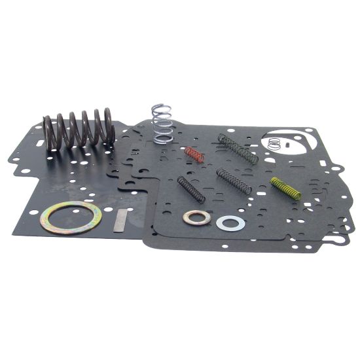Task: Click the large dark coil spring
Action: pos(79,130)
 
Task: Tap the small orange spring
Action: pos(194,155)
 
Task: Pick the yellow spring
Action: pos(285,188)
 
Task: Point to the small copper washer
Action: pos(196,218)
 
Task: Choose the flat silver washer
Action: pos(230,223)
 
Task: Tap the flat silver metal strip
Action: pos(120,222)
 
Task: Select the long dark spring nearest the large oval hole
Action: pos(238,149)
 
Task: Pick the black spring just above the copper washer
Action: pos(191,189)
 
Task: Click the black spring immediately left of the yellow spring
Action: pos(234,181)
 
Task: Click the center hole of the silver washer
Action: pos(230,223)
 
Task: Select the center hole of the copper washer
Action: pos(196,218)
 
